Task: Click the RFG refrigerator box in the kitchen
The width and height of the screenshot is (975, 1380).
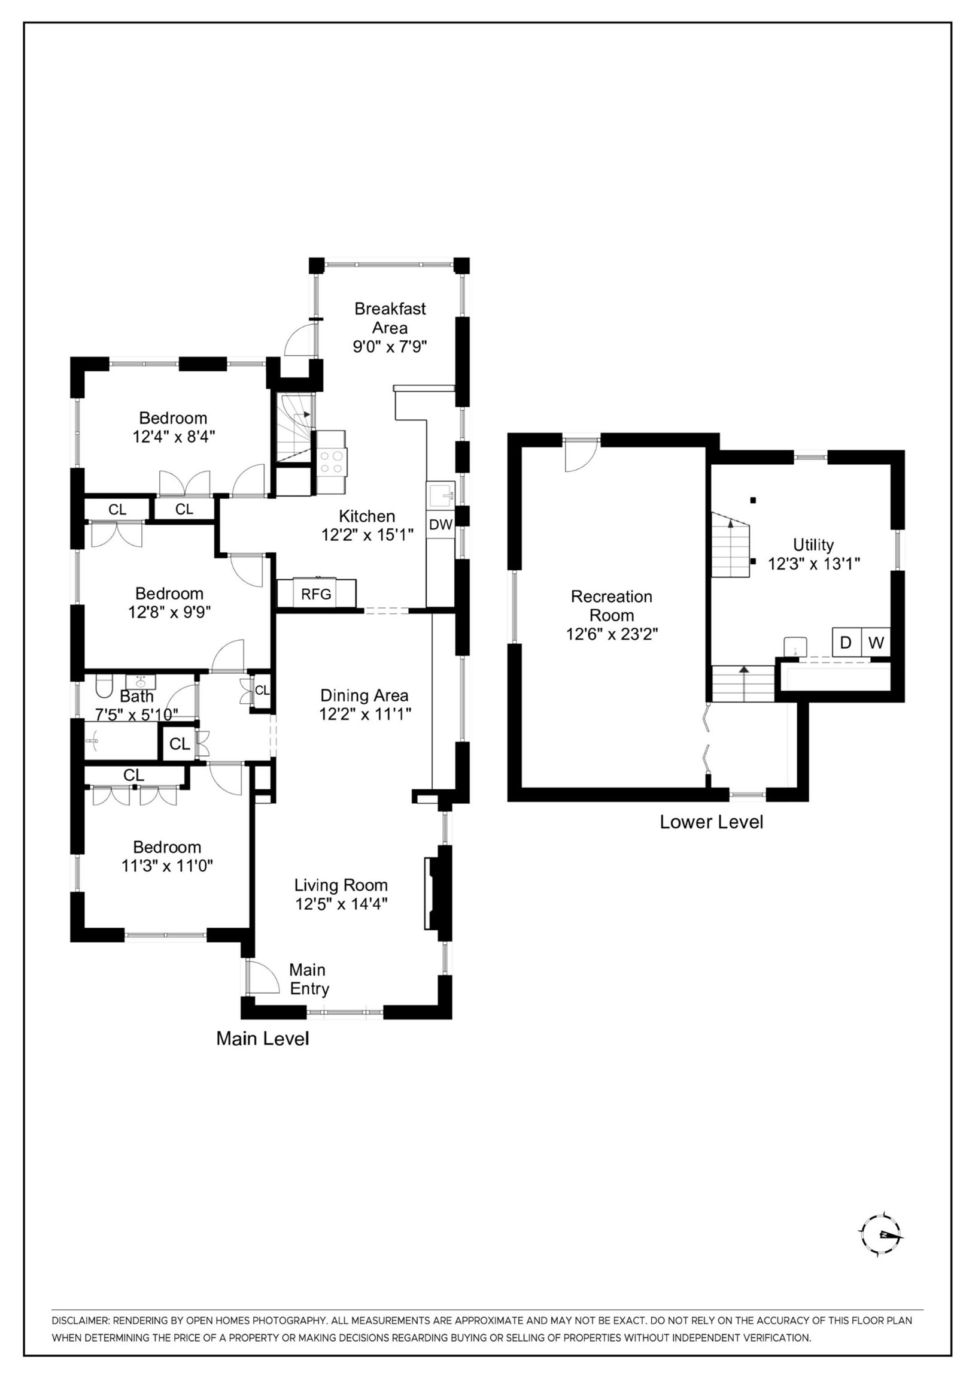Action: coord(317,594)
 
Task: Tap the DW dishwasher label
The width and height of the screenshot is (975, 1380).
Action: coord(441,524)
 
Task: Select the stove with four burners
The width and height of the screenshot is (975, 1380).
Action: coord(332,462)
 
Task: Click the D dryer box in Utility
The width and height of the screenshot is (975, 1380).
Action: coord(846,643)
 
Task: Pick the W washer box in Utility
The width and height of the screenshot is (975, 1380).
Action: coord(876,643)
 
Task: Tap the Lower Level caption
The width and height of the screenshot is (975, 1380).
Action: coord(711,822)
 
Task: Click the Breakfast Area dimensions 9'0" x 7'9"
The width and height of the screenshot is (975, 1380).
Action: coord(389,347)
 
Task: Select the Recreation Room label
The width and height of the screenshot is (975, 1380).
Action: coord(612,606)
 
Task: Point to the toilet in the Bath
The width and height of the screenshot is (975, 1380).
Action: coord(103,686)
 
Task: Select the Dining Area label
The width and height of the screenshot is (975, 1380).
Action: coord(364,695)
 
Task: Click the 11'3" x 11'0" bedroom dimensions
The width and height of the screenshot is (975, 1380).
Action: coord(167,866)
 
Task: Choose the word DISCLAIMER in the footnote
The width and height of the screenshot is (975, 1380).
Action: coord(80,1321)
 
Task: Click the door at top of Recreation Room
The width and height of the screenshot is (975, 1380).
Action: coord(581,455)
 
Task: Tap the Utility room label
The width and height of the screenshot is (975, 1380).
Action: coord(813,545)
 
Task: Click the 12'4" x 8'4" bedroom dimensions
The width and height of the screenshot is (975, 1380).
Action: coord(174,437)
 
